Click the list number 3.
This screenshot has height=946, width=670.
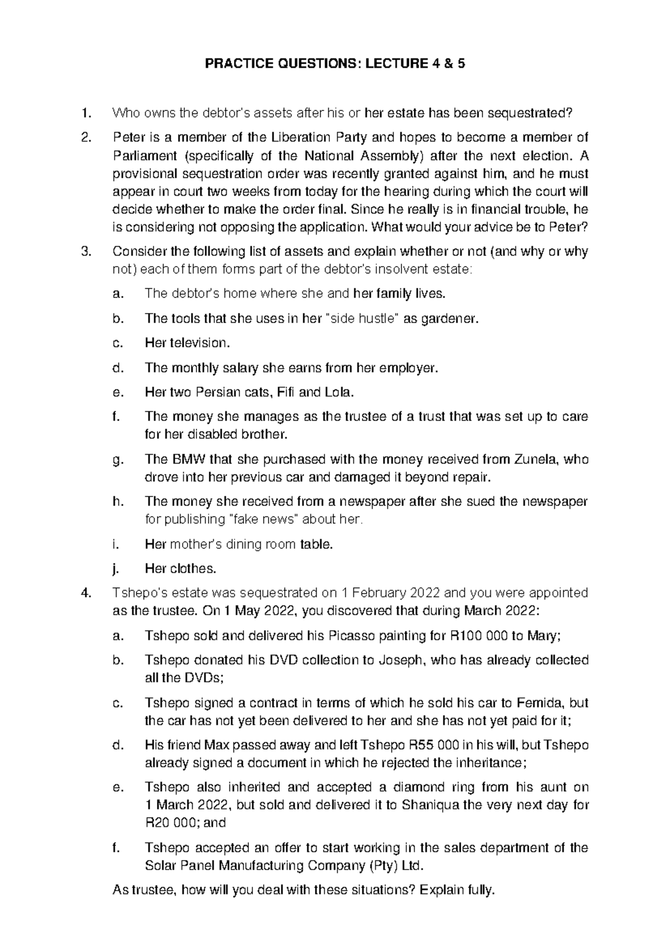(85, 252)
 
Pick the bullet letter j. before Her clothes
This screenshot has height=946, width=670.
(116, 568)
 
